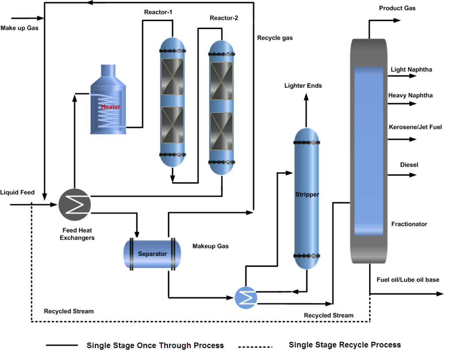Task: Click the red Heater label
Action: coord(110,107)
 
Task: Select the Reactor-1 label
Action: coord(158,12)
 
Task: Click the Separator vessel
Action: coord(152,254)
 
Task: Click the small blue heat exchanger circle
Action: coord(246,298)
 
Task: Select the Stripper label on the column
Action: coord(307,194)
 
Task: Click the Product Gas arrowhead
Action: coord(397,21)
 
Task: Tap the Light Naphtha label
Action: coord(411,69)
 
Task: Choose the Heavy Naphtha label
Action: coord(410,95)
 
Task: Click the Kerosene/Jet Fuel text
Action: coord(415,127)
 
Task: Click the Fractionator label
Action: coord(409,224)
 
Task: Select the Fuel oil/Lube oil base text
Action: coord(408,280)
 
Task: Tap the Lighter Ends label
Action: coord(303,86)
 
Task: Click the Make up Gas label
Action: coord(19,28)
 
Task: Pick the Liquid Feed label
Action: coord(17,192)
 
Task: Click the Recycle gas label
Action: coord(275,38)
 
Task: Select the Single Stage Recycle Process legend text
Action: coord(345,345)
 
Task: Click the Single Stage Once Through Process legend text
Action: coord(155,345)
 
